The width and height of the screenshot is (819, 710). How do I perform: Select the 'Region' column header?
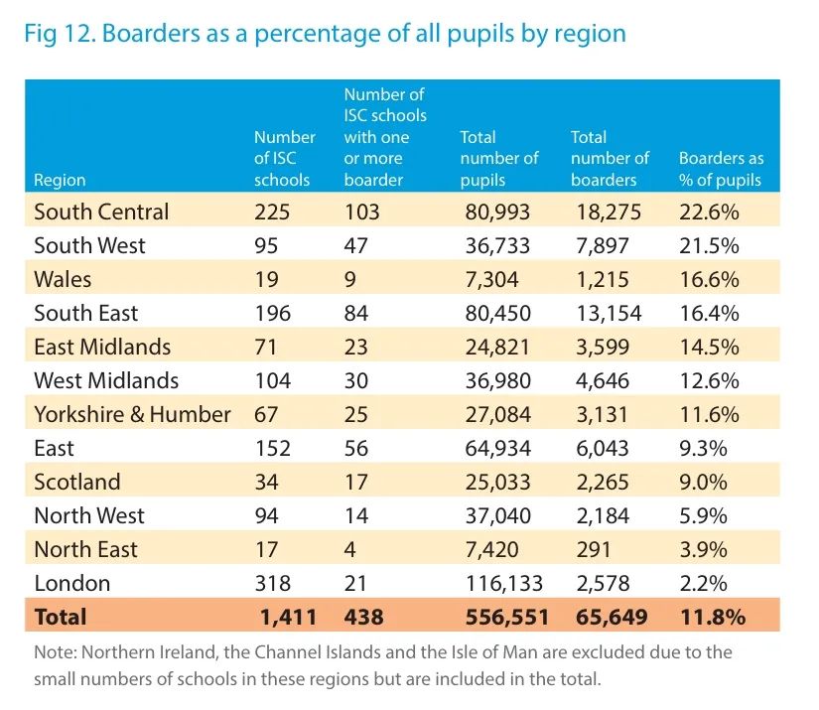click(60, 180)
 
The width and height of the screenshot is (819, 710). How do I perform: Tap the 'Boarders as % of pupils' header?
click(721, 169)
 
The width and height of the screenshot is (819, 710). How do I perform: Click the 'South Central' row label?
click(101, 212)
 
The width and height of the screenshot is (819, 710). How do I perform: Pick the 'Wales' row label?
click(63, 279)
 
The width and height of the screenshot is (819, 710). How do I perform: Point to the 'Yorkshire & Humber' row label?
click(132, 414)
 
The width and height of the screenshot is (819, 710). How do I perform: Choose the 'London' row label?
click(71, 583)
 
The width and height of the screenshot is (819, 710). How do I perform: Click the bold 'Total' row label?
click(61, 617)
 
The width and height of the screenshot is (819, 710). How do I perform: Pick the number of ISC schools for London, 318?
click(273, 583)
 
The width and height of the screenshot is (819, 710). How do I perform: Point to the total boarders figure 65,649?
click(611, 617)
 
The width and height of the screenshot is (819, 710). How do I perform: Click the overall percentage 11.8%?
click(712, 617)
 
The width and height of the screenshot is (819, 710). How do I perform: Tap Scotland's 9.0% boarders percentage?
click(704, 482)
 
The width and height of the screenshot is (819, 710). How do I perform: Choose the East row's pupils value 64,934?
click(498, 448)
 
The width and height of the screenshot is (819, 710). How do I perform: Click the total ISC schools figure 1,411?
click(288, 617)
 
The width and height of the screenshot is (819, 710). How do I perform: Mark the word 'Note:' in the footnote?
click(56, 652)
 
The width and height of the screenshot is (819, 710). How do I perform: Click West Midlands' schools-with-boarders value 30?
click(356, 380)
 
